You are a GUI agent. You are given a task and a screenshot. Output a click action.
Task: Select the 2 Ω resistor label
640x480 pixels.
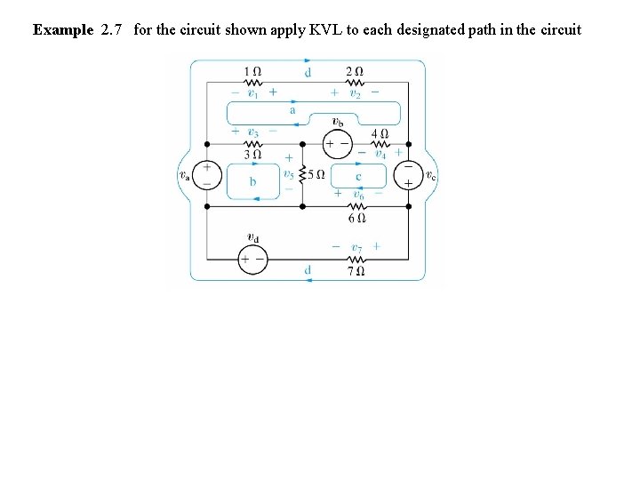click(x=355, y=71)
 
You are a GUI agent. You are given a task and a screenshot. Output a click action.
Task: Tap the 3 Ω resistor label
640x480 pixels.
click(x=252, y=154)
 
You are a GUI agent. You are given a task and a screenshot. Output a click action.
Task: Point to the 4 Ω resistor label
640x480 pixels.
click(x=380, y=132)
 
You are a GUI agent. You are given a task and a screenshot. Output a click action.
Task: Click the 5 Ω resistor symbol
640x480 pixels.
click(x=303, y=174)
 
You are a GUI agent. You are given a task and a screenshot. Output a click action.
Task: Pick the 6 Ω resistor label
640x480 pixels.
click(x=356, y=217)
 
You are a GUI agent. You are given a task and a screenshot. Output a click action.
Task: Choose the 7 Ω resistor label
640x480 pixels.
click(x=356, y=269)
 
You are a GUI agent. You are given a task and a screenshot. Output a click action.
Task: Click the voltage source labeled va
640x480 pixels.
click(x=207, y=174)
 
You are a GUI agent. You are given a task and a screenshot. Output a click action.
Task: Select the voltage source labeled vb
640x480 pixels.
click(x=339, y=143)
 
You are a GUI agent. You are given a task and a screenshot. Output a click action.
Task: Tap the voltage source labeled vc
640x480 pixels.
click(x=408, y=174)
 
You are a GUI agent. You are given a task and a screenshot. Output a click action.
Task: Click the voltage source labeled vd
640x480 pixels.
click(x=252, y=259)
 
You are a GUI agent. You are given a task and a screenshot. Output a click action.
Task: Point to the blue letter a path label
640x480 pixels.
click(x=292, y=111)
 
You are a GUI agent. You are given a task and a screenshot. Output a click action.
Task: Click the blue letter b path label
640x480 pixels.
click(x=252, y=182)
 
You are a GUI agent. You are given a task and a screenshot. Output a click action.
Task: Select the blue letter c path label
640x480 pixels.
click(x=357, y=176)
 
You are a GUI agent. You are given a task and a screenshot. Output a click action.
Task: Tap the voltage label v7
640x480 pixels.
click(x=356, y=245)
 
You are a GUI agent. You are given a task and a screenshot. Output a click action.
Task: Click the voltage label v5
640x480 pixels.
click(x=288, y=174)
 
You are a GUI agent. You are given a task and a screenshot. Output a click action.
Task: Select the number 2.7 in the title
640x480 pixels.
click(x=111, y=29)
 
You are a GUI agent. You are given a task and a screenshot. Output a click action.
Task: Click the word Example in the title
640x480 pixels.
click(x=63, y=29)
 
